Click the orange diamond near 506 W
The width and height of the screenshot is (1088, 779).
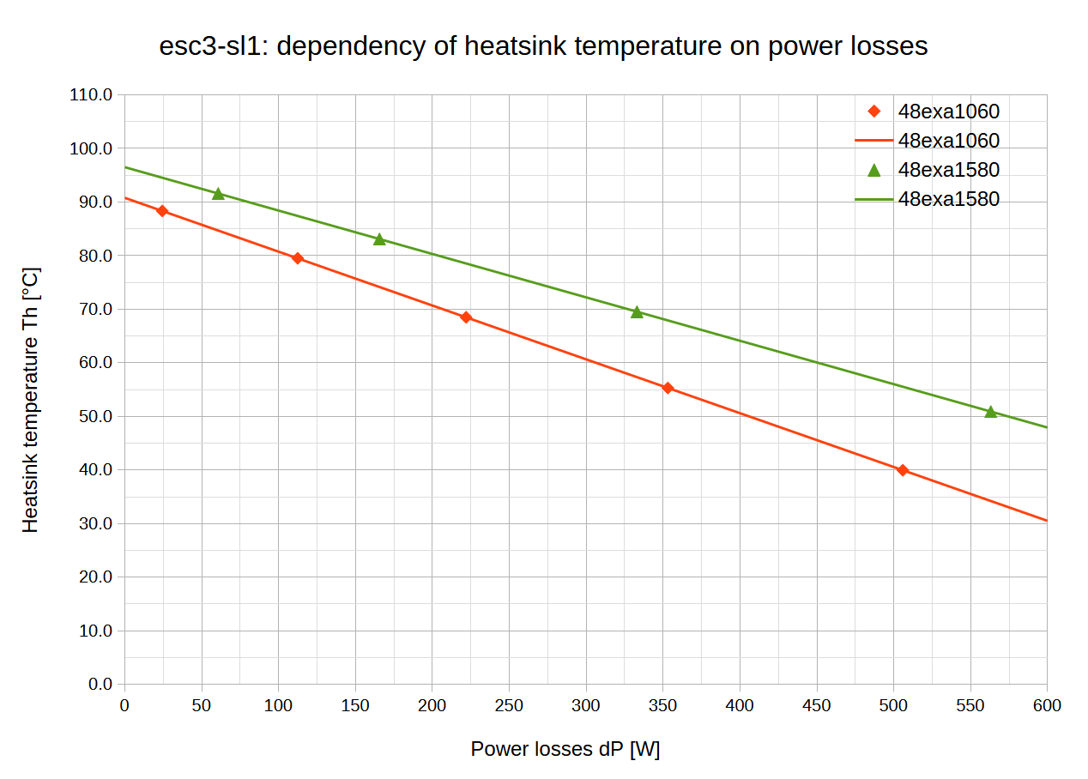(902, 470)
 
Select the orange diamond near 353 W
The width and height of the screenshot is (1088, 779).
(668, 389)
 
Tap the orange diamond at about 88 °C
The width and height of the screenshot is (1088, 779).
(162, 211)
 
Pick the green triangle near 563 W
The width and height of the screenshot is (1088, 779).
(990, 413)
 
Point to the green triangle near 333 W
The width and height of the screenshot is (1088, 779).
(637, 312)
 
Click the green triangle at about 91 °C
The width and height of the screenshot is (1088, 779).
(218, 194)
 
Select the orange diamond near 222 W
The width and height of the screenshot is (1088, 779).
(466, 317)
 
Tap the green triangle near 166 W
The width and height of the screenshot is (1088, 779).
(379, 239)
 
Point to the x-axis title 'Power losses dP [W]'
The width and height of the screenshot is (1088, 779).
(565, 749)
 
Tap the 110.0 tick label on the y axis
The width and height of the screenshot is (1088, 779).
(91, 95)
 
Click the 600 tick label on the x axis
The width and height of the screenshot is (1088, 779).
(1046, 706)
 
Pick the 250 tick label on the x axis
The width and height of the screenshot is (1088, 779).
(509, 706)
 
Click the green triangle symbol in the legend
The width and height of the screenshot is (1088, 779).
(874, 170)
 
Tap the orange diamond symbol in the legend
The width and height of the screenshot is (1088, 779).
(874, 112)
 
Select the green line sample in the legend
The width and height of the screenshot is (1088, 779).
(874, 199)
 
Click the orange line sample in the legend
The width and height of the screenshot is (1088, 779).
(874, 141)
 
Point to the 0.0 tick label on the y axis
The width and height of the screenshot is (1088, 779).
(100, 684)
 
